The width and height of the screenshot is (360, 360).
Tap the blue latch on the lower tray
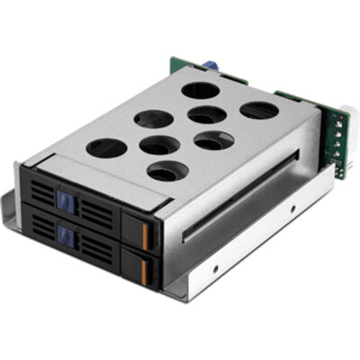[x=65, y=236]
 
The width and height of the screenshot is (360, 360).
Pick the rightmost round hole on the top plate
[x=259, y=111]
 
